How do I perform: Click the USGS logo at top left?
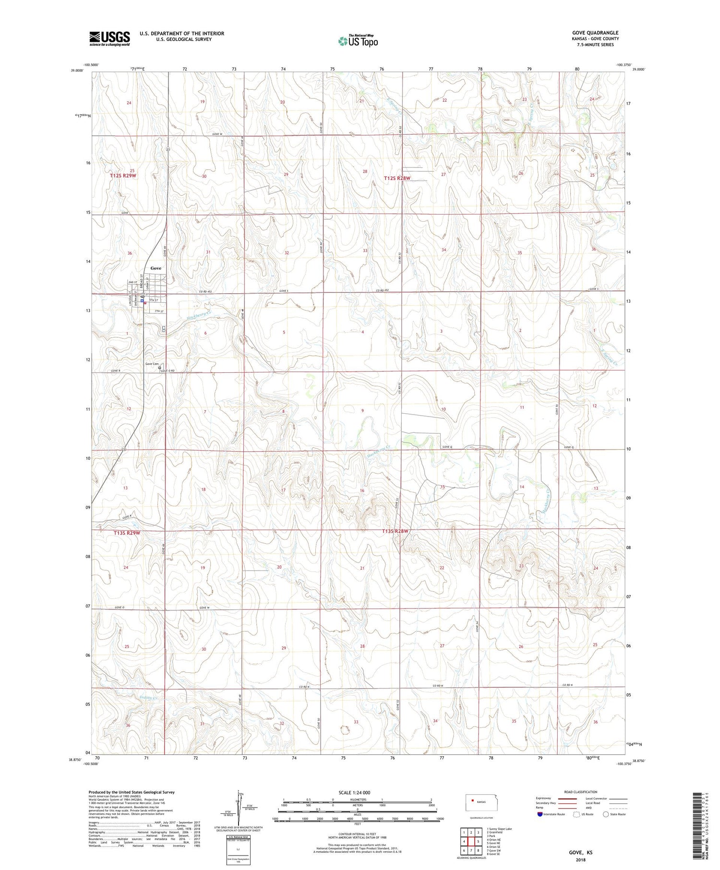click(x=109, y=38)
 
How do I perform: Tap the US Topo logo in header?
click(x=358, y=41)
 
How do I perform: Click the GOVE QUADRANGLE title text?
click(x=595, y=33)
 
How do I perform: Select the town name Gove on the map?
click(x=156, y=268)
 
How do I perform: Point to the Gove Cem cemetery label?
click(x=152, y=364)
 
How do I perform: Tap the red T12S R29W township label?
click(x=123, y=176)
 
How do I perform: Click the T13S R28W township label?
click(x=396, y=531)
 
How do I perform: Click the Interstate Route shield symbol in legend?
click(x=540, y=814)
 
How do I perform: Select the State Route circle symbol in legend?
click(x=606, y=814)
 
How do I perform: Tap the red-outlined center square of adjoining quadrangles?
click(x=471, y=841)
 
